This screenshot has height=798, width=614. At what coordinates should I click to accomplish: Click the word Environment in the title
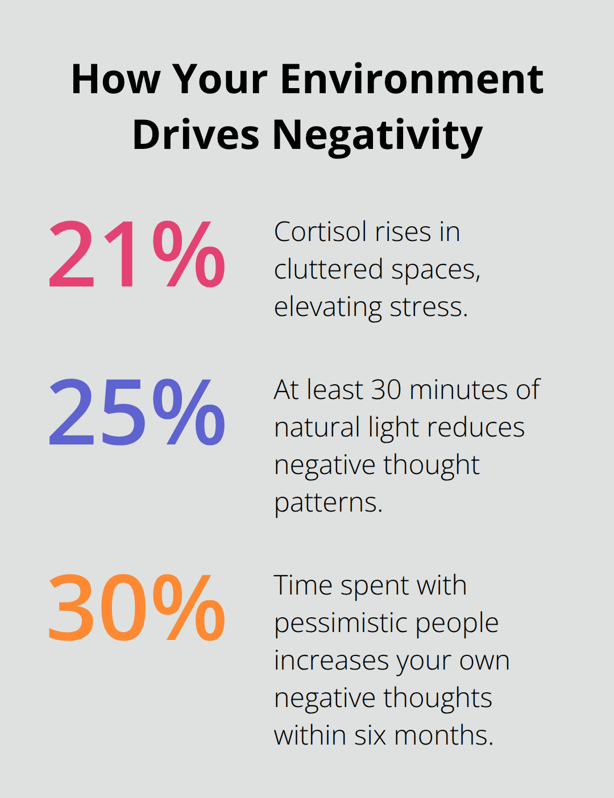click(x=412, y=79)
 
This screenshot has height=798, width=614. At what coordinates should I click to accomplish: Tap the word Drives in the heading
click(x=196, y=135)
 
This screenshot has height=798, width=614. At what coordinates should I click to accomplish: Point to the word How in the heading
click(x=116, y=79)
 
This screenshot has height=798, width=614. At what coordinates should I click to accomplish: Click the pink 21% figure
click(x=137, y=254)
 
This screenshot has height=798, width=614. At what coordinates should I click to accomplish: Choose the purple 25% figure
click(x=137, y=412)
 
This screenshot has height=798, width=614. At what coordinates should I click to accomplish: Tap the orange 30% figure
click(x=137, y=608)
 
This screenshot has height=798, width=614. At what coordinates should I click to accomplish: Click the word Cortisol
click(x=321, y=232)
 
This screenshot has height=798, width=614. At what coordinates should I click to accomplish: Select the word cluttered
click(x=329, y=269)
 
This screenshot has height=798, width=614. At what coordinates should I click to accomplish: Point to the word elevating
click(x=328, y=307)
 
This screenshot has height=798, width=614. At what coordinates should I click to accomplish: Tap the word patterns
click(x=329, y=503)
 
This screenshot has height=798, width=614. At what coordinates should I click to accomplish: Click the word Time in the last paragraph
click(x=303, y=585)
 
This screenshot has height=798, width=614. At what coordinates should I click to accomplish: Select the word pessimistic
click(x=341, y=624)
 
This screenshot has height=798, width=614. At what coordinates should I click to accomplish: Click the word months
click(x=443, y=735)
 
